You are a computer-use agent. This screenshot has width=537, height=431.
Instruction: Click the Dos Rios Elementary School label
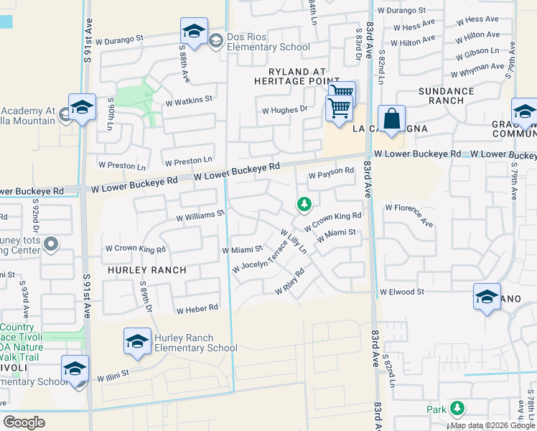click(x=268, y=42)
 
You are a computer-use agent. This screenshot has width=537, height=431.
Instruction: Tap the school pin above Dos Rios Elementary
click(x=193, y=32)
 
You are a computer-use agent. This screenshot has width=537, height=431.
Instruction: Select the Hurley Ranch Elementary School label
click(x=191, y=343)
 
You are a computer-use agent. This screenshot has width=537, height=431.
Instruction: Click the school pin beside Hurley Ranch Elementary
click(x=137, y=343)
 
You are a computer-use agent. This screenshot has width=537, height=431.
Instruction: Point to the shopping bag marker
click(x=391, y=120)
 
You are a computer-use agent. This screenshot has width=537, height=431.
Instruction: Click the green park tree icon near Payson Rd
click(x=304, y=205)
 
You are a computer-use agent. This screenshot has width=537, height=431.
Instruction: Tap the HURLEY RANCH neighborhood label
click(x=146, y=270)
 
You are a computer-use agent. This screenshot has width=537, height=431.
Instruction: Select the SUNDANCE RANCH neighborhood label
click(x=447, y=96)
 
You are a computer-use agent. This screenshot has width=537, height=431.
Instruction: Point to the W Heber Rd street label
click(x=197, y=308)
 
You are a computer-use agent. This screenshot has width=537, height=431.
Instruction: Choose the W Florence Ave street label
click(x=409, y=215)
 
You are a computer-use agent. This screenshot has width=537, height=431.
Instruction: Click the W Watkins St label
click(x=189, y=99)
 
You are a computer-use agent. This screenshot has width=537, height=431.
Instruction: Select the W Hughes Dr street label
click(x=284, y=111)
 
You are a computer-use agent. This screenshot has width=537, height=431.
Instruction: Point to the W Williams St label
click(x=200, y=214)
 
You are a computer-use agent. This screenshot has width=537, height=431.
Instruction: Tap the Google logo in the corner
click(x=24, y=422)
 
